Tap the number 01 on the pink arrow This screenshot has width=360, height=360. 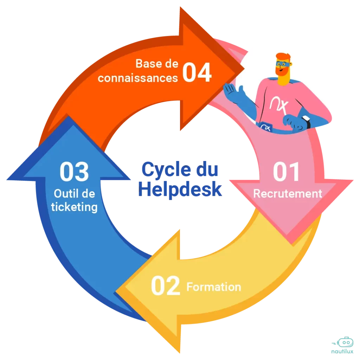(287, 172)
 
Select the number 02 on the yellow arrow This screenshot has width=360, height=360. (165, 286)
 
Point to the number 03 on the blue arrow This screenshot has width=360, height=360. (74, 172)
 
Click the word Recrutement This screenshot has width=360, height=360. (288, 194)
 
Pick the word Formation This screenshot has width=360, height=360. (214, 287)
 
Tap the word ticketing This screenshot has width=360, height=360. (74, 207)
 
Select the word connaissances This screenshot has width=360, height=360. (138, 78)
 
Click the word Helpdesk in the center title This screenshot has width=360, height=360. (180, 190)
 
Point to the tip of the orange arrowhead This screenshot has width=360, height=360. (243, 68)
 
